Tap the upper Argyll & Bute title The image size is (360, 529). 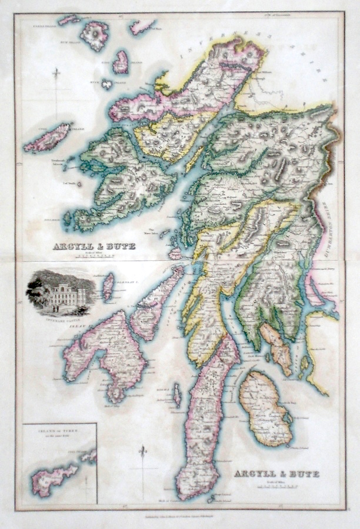[x=94, y=246]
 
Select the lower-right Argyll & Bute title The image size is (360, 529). [x=276, y=474]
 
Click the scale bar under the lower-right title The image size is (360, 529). [x=276, y=486]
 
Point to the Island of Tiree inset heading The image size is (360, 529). [x=59, y=431]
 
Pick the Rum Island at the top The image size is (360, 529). [x=95, y=35]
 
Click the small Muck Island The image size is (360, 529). [x=106, y=84]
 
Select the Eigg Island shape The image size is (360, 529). [x=121, y=61]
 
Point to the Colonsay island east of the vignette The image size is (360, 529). [x=108, y=287]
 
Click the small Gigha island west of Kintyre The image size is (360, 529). [x=176, y=396]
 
